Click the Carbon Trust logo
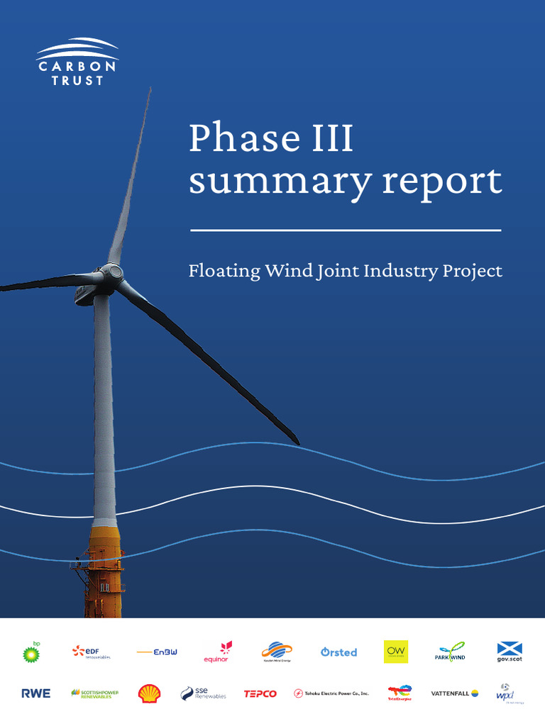tap(77, 62)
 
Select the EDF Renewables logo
tap(91, 652)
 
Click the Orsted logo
tap(338, 652)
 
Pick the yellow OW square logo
tap(396, 651)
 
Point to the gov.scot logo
tap(510, 652)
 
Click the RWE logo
tap(35, 693)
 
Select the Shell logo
tap(149, 693)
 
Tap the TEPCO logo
tap(260, 693)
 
